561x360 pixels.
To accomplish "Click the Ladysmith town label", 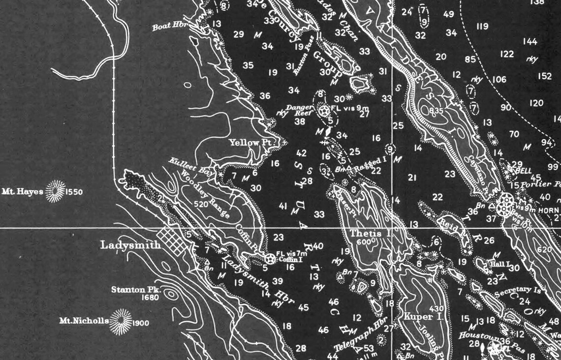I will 130,245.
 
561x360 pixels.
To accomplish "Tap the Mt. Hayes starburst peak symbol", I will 56,191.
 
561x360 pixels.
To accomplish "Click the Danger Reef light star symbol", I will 324,111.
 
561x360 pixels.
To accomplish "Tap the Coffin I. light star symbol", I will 270,258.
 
